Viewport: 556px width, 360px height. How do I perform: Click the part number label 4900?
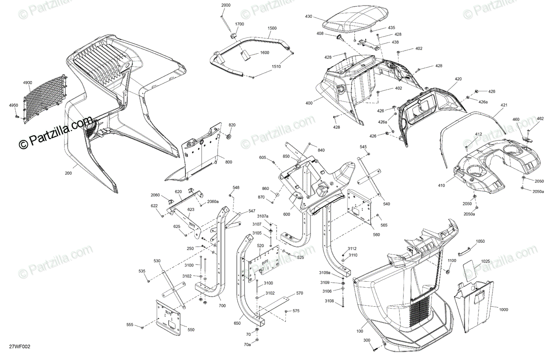tap(27, 82)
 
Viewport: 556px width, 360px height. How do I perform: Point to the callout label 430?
tap(309, 17)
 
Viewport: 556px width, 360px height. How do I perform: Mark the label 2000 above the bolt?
tap(226, 5)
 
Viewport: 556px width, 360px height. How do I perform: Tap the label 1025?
tap(485, 262)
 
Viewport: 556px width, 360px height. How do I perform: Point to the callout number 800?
tap(229, 162)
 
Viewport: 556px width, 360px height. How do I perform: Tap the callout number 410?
tap(441, 185)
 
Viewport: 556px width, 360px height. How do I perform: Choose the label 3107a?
tap(263, 216)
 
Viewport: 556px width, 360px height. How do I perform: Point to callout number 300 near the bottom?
tap(367, 341)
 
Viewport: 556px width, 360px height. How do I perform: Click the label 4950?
tap(13, 106)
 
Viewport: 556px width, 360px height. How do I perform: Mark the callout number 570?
tap(300, 293)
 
